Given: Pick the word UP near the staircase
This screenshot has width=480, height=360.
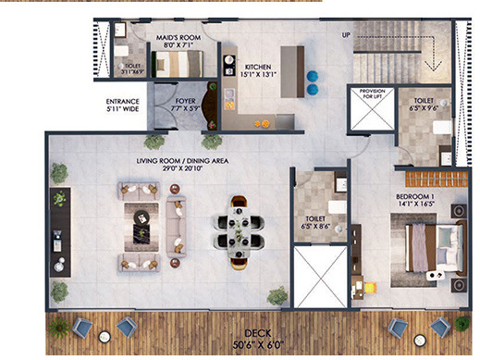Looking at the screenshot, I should pos(346,34).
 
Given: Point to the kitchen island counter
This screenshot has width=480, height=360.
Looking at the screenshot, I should pos(291,68).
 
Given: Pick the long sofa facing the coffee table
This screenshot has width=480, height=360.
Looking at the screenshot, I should pos(175,222).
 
